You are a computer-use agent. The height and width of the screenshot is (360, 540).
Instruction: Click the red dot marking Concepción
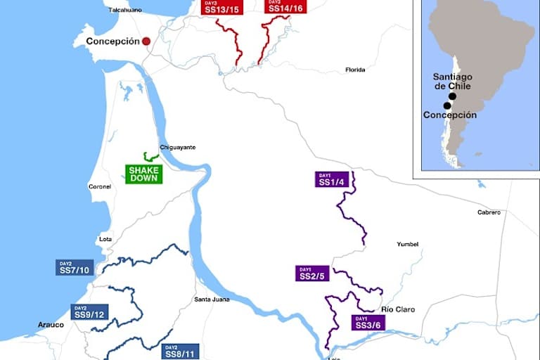(x=146, y=41)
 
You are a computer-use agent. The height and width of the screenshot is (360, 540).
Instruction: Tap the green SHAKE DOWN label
(x=144, y=174)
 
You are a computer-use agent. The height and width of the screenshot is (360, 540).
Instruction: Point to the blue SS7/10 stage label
(x=75, y=267)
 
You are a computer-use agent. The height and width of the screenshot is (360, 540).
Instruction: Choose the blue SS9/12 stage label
(x=90, y=311)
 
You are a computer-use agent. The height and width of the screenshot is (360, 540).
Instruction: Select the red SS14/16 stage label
(x=285, y=6)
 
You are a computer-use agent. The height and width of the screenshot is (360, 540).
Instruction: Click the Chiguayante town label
(x=178, y=147)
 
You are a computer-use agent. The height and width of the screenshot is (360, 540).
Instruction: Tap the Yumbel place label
(x=408, y=244)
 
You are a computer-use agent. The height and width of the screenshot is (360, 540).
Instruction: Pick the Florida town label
(x=355, y=70)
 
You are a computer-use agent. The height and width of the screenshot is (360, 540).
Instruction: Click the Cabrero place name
(x=489, y=212)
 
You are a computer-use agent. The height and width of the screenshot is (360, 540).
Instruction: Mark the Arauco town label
(x=51, y=324)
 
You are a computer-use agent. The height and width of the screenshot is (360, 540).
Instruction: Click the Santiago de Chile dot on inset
(x=452, y=96)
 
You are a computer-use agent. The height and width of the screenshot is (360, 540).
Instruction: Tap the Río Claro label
(x=397, y=309)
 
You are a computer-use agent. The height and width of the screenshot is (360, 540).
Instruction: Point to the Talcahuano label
(x=125, y=10)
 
